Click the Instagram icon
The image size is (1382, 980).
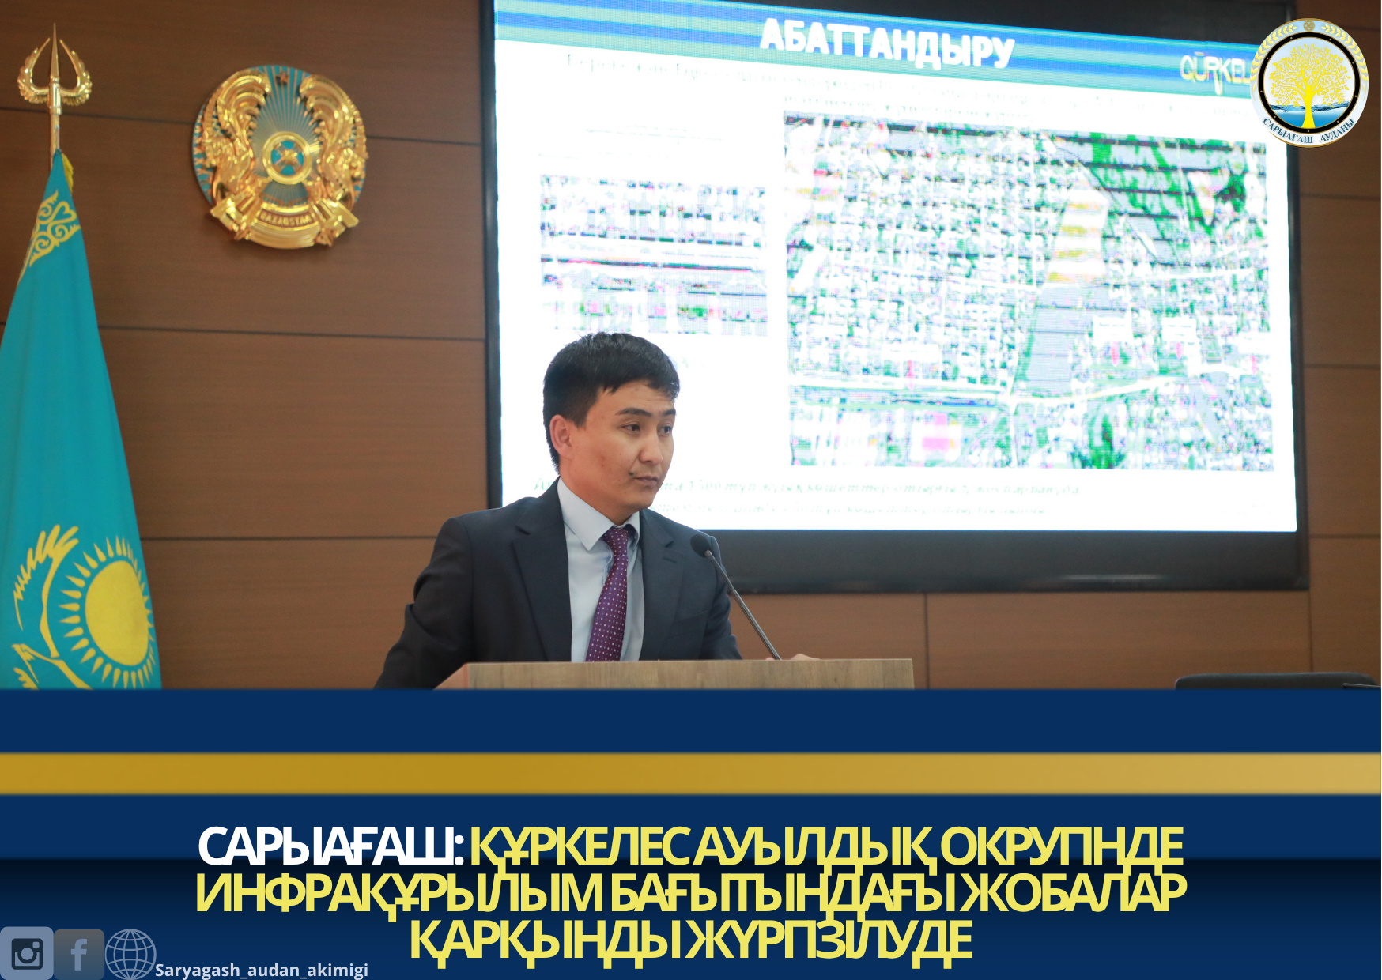point(26,953)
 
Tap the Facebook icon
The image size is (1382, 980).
point(79,954)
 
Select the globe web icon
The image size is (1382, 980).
point(130,954)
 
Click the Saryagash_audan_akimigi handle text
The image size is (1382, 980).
point(262,970)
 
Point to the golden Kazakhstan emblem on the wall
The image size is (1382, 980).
point(280,156)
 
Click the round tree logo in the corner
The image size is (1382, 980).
point(1308,82)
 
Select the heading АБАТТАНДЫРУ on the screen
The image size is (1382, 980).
point(886,43)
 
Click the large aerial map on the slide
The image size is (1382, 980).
point(1028,292)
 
